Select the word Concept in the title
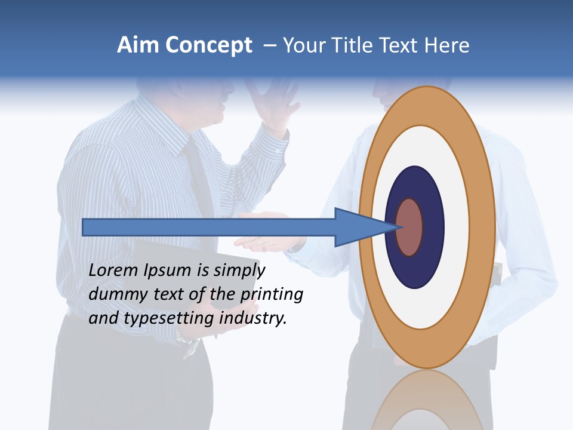pos(209,46)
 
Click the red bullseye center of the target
pos(409,227)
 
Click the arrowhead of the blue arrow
pos(358,227)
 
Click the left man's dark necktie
pos(200,179)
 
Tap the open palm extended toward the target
pos(263,242)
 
